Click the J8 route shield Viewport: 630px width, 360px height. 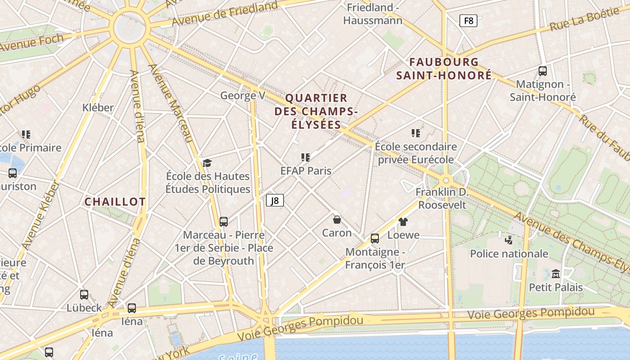click(x=275, y=200)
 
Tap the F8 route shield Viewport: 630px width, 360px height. click(x=468, y=21)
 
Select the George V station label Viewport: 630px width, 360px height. click(x=243, y=95)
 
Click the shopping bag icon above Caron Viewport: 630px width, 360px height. click(x=337, y=220)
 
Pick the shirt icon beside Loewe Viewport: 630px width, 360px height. click(x=403, y=222)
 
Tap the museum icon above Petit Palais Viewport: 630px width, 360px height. click(x=556, y=274)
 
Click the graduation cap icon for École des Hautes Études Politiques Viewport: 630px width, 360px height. click(x=207, y=163)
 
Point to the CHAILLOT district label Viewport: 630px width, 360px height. click(x=115, y=202)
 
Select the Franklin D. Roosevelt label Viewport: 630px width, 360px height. click(x=442, y=198)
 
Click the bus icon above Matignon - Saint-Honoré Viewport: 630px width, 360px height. click(x=543, y=71)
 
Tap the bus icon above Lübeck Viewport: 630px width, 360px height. click(x=84, y=295)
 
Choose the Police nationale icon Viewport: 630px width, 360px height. click(x=509, y=240)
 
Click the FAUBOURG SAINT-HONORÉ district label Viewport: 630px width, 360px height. click(x=444, y=68)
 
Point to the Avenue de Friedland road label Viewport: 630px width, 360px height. click(x=225, y=14)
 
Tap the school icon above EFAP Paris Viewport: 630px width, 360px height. click(x=306, y=157)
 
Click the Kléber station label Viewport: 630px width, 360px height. click(x=98, y=108)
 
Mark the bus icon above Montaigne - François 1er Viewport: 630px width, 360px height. click(x=375, y=238)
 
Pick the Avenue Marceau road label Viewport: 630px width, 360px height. click(x=171, y=103)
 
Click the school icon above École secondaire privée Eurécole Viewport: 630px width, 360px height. click(x=416, y=133)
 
